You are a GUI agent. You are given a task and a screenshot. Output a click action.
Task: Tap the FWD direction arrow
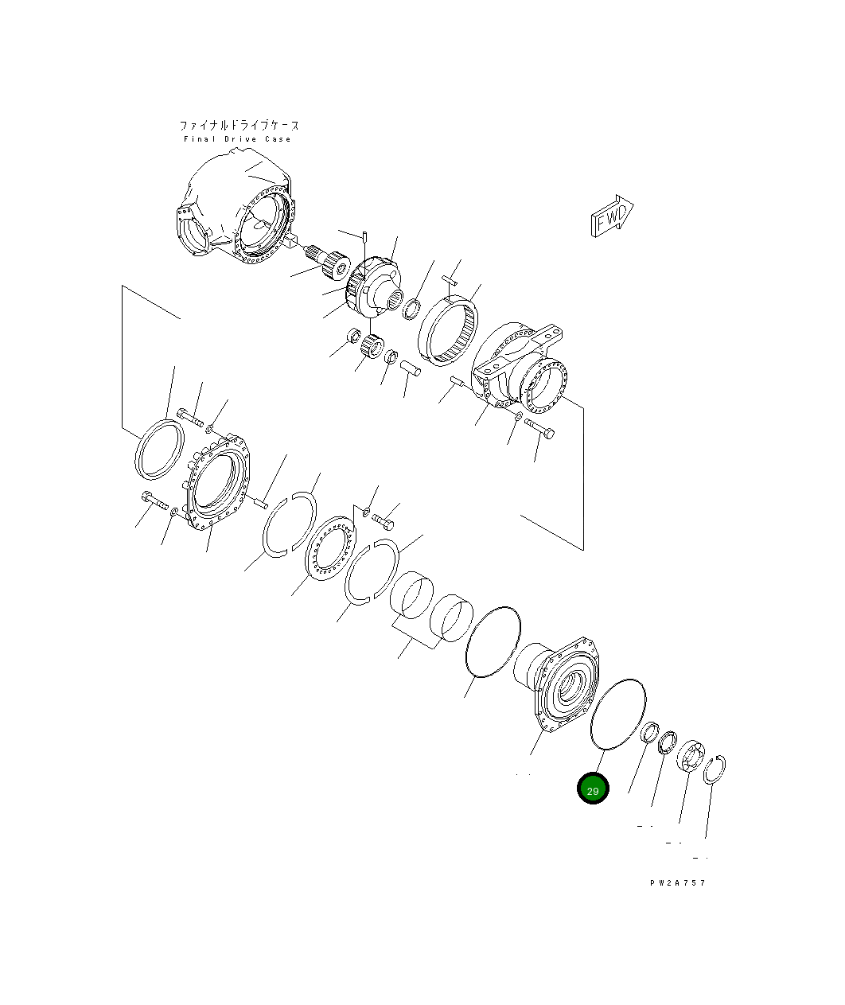tap(611, 216)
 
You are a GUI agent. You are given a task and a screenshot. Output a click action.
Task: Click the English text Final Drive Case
tap(237, 139)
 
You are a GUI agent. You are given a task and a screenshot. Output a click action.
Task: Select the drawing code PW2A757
tap(676, 882)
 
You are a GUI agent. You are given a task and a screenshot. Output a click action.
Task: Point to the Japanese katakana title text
tap(239, 125)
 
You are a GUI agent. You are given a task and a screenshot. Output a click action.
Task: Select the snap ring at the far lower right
tap(715, 769)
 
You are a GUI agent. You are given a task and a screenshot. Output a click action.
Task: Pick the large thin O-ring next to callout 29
tap(618, 714)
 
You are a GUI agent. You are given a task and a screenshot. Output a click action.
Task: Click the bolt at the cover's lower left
tap(154, 502)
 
